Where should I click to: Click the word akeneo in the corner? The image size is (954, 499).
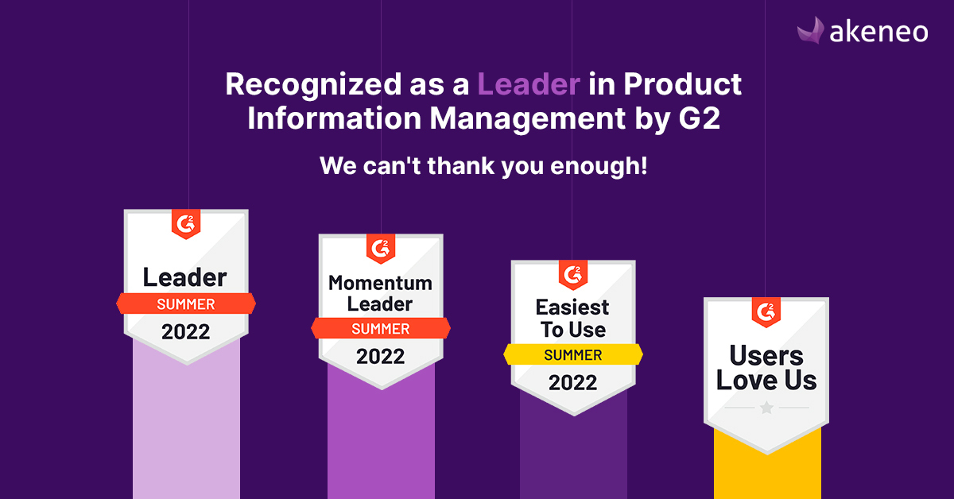pyautogui.click(x=878, y=32)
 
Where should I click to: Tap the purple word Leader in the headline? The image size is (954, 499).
pyautogui.click(x=528, y=84)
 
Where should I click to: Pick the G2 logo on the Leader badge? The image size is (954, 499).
pyautogui.click(x=186, y=224)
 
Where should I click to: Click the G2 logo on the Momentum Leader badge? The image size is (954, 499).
pyautogui.click(x=381, y=248)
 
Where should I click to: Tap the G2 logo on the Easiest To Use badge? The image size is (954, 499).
pyautogui.click(x=573, y=274)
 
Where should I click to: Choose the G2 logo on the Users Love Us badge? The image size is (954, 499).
pyautogui.click(x=766, y=312)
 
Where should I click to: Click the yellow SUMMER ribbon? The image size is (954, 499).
pyautogui.click(x=573, y=355)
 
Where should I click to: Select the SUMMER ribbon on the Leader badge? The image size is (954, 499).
pyautogui.click(x=186, y=304)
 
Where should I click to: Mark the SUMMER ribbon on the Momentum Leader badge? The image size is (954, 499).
pyautogui.click(x=381, y=328)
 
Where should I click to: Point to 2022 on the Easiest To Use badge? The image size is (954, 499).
pyautogui.click(x=573, y=383)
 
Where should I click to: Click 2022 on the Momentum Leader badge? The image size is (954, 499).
pyautogui.click(x=381, y=356)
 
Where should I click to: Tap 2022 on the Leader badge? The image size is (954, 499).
pyautogui.click(x=186, y=331)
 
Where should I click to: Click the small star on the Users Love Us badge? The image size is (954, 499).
pyautogui.click(x=766, y=408)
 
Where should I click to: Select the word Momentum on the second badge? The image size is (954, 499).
pyautogui.click(x=381, y=283)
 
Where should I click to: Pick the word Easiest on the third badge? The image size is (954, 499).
pyautogui.click(x=572, y=308)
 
